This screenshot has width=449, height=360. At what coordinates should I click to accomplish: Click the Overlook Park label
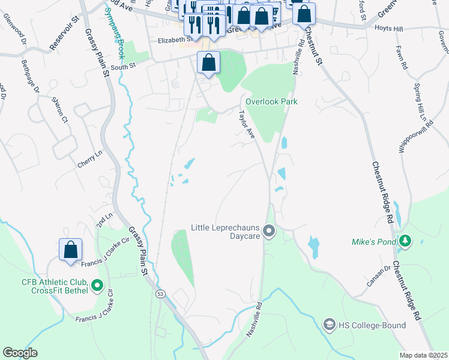click(x=271, y=101)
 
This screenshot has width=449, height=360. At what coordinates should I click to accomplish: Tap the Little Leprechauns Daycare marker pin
click(x=269, y=231)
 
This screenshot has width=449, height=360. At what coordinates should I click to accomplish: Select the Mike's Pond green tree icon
click(x=406, y=241)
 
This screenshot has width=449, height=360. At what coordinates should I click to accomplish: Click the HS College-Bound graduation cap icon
click(x=329, y=325)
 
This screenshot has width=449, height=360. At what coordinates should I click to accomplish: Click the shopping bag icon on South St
click(x=208, y=62)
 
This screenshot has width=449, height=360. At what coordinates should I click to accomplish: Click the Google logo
click(x=20, y=352)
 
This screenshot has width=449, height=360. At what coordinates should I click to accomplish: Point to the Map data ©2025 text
click(x=423, y=355)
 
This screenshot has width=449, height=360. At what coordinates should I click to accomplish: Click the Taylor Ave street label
click(x=247, y=125)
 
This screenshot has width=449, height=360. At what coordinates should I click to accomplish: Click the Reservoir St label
click(x=64, y=37)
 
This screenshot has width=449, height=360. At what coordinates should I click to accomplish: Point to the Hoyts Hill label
click(x=388, y=28)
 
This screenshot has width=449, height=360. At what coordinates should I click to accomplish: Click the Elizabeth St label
click(x=174, y=40)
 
